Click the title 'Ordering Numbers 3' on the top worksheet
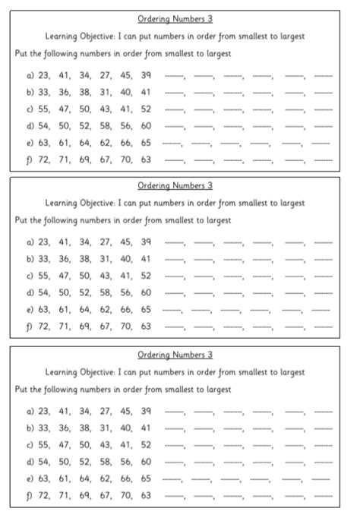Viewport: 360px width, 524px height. coord(175,17)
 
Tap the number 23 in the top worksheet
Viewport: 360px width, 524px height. coord(43,74)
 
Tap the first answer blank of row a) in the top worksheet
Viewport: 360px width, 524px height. coord(175,76)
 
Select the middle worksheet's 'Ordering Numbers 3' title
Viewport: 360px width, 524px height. coord(175,185)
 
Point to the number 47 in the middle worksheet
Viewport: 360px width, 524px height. coord(64,276)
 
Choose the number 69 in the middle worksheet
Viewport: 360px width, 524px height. coord(84,327)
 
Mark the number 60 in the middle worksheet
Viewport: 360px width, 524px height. coord(146,292)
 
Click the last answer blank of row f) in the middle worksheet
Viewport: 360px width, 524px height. coord(323,328)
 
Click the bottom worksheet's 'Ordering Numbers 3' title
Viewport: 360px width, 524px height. coord(175,355)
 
